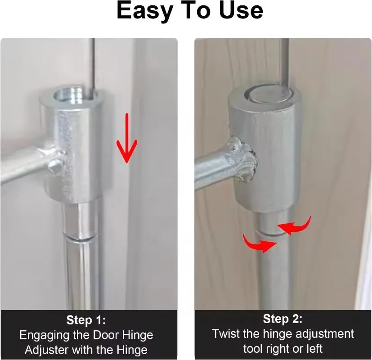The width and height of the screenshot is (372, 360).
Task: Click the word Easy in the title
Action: (x=145, y=11)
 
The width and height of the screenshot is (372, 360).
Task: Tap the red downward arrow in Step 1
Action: (x=127, y=138)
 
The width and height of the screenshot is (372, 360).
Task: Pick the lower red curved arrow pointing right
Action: (x=259, y=243)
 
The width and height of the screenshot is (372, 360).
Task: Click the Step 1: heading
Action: (x=86, y=320)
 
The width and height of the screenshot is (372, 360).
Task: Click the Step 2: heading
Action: (x=282, y=319)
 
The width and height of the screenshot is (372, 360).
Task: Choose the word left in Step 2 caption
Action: (x=314, y=349)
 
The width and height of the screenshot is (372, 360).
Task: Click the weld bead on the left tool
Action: (x=55, y=160)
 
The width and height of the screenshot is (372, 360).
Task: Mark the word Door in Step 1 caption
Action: (x=106, y=335)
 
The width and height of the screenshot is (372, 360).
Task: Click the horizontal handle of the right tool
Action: (x=214, y=167)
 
